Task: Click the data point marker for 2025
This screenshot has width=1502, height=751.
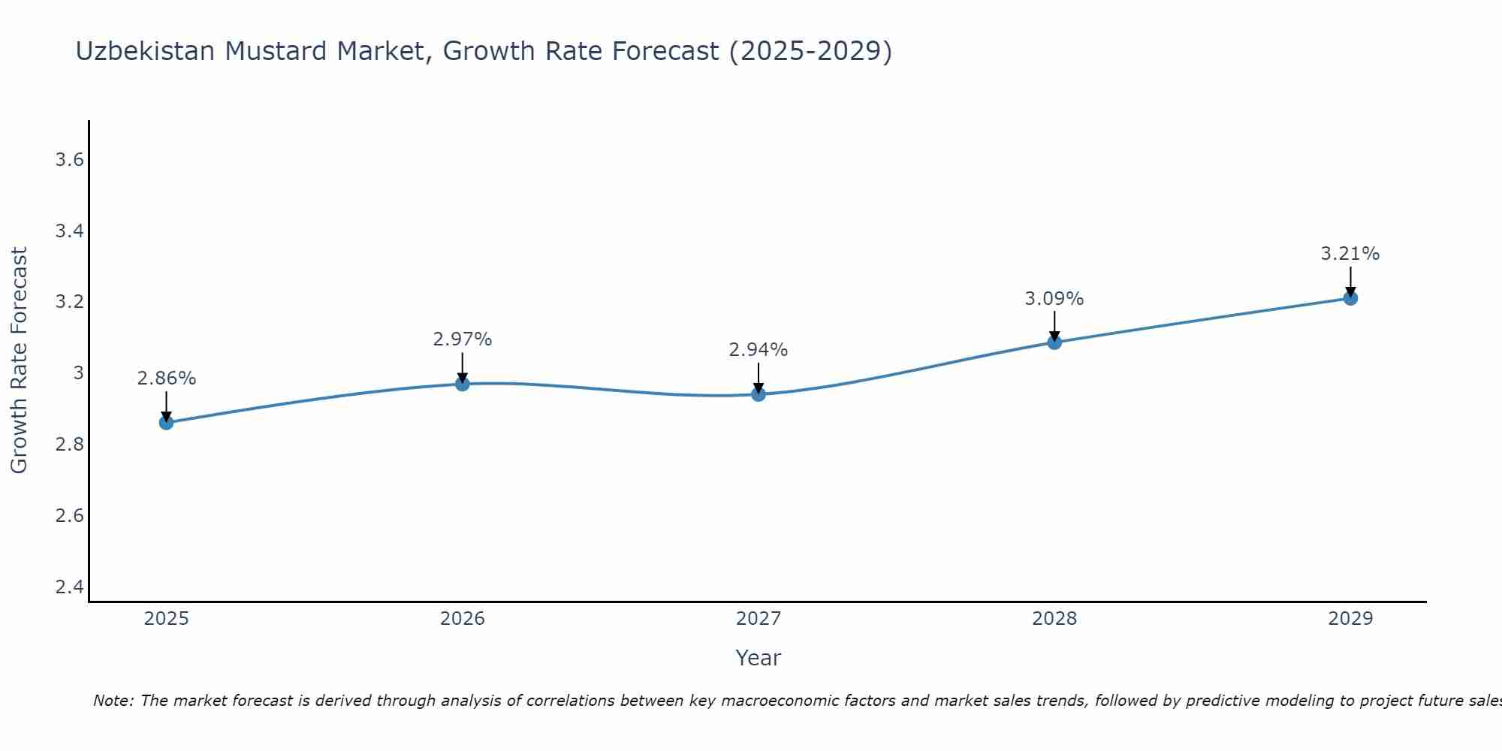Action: point(166,423)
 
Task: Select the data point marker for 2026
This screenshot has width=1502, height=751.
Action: point(463,384)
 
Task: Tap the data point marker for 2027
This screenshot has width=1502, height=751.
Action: point(759,394)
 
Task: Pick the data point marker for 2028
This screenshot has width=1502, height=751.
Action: point(1054,342)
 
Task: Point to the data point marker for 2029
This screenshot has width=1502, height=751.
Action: point(1350,298)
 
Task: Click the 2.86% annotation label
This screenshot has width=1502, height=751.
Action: point(166,379)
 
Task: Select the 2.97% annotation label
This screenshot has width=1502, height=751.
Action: point(463,339)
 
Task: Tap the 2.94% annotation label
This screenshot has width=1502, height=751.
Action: point(759,350)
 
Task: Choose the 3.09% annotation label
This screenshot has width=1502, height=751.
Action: point(1054,299)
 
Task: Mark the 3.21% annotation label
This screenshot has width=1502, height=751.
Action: point(1350,254)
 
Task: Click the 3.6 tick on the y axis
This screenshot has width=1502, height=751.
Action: point(69,160)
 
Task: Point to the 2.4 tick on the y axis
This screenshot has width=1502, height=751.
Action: point(69,587)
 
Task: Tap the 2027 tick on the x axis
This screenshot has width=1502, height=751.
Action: point(759,619)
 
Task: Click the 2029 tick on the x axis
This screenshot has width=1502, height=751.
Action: point(1350,619)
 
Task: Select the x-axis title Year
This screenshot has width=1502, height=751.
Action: point(759,658)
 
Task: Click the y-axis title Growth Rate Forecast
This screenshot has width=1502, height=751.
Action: point(19,360)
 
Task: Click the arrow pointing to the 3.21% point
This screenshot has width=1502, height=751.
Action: point(1350,282)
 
